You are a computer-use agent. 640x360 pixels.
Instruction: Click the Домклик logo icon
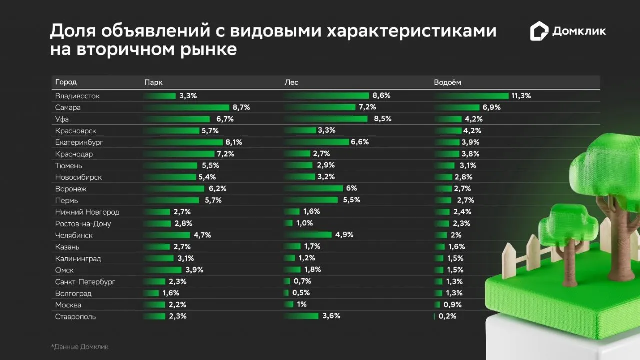[539, 31]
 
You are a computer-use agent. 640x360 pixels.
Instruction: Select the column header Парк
[153, 82]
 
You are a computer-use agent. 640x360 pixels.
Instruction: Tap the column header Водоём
[448, 82]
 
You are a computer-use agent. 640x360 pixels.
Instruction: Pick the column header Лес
[291, 82]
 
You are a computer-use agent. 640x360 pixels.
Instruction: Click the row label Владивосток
[77, 96]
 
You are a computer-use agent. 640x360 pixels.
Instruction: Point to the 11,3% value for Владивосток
[521, 96]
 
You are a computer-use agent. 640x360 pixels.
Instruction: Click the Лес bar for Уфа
[327, 119]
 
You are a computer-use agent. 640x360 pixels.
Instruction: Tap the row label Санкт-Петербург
[85, 282]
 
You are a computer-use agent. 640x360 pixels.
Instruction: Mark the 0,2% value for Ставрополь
[447, 316]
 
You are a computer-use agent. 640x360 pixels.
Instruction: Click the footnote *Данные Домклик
[79, 346]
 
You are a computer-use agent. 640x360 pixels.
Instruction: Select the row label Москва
[68, 305]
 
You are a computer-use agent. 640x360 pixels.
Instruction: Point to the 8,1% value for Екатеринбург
[234, 142]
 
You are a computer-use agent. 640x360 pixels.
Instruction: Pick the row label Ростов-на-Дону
[83, 224]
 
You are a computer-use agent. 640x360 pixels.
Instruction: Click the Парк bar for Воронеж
[174, 189]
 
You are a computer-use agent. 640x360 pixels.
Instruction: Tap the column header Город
[66, 82]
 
